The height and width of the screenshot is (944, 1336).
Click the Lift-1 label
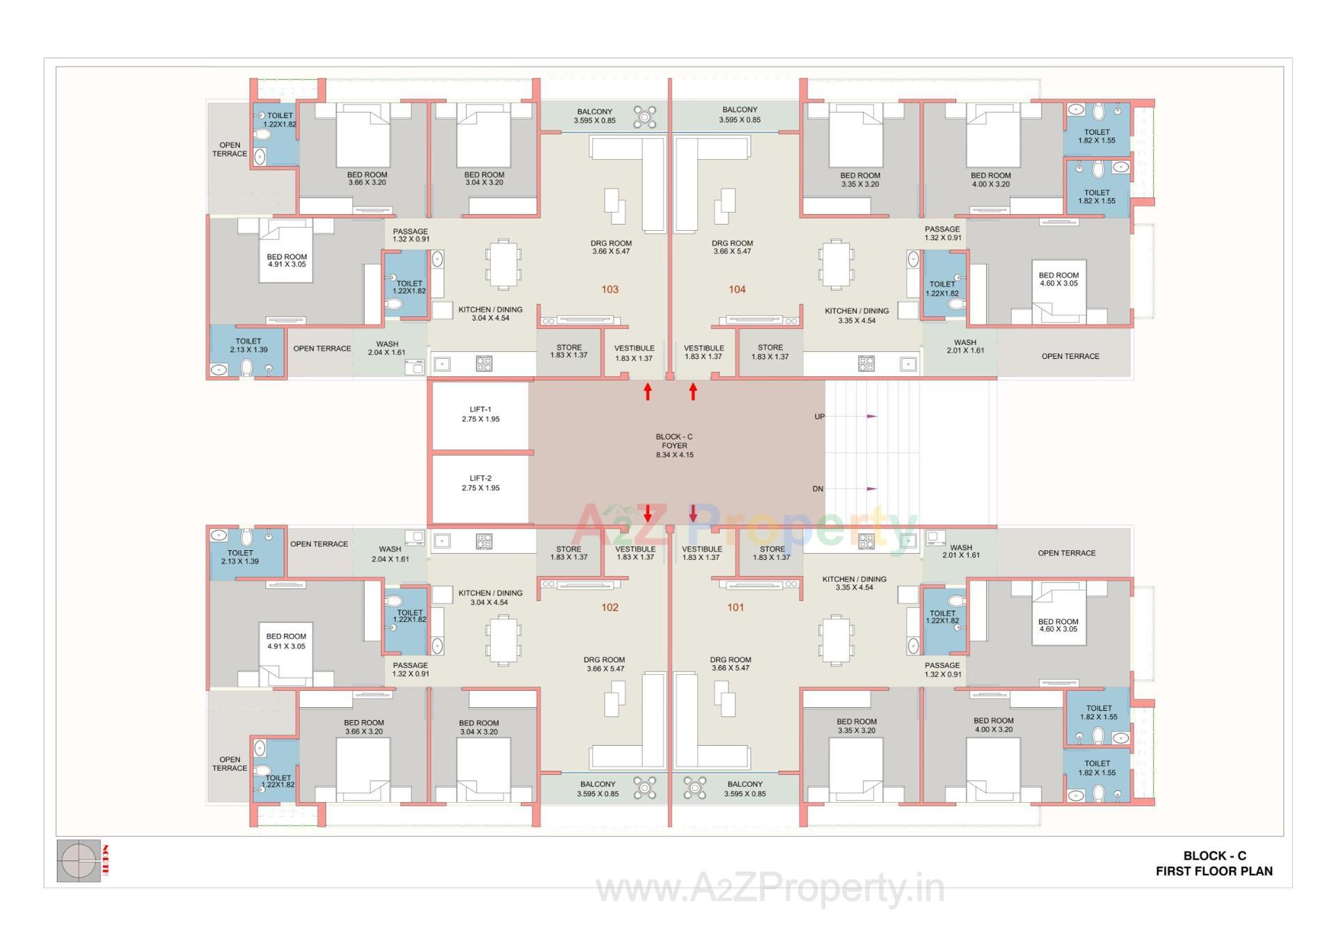click(480, 415)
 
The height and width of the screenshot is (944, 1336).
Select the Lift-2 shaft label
click(480, 483)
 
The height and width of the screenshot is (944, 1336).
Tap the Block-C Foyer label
click(674, 446)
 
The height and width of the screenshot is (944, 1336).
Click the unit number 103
click(610, 289)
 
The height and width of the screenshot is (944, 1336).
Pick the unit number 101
click(735, 607)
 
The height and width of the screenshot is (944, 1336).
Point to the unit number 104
click(737, 289)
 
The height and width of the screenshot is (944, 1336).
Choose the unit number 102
click(610, 607)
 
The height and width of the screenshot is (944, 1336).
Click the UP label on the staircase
click(819, 417)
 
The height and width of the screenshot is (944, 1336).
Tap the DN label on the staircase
click(818, 489)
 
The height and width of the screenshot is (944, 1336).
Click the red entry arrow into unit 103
click(647, 392)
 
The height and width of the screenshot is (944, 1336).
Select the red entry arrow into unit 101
click(693, 513)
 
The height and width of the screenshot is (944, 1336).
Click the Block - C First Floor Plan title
click(1214, 863)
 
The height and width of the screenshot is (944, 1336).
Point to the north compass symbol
click(79, 861)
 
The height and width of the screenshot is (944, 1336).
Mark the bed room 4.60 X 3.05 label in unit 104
click(1058, 279)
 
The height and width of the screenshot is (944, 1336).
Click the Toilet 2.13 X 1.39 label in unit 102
click(240, 557)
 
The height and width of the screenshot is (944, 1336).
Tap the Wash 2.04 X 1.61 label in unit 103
click(387, 348)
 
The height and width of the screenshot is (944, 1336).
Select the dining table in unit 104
click(836, 264)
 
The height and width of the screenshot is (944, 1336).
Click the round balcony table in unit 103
click(644, 117)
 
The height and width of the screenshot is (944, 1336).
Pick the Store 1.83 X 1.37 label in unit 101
click(772, 553)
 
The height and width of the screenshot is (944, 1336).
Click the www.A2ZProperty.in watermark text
click(770, 888)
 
